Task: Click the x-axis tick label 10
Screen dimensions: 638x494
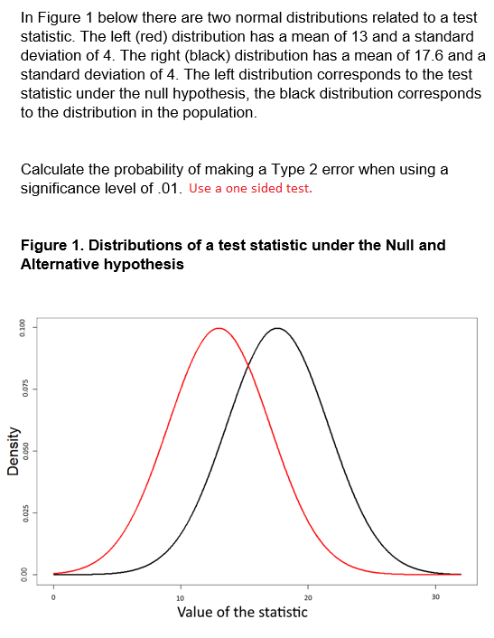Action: pos(180,597)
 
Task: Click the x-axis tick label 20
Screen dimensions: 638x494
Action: pos(308,597)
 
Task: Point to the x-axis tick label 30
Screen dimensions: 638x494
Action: pos(436,597)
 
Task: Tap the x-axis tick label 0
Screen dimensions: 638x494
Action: pos(53,597)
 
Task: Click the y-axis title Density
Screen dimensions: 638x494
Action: pos(13,451)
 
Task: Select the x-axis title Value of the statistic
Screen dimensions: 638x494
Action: pos(242,613)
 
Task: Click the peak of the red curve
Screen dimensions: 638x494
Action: pos(219,328)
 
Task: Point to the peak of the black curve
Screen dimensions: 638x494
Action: pos(277,328)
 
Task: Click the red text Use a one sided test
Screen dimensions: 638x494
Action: pos(251,189)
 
